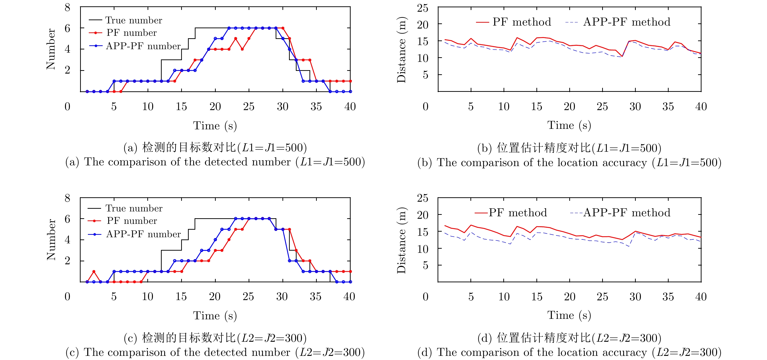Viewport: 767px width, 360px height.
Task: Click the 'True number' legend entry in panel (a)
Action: click(x=133, y=20)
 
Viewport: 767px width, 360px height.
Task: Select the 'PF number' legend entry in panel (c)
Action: click(x=131, y=221)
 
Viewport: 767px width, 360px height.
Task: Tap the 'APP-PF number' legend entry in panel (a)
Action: click(x=143, y=46)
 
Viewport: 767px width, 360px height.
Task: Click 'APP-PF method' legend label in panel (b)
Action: click(x=627, y=22)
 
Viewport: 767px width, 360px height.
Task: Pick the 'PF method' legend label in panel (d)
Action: click(x=518, y=213)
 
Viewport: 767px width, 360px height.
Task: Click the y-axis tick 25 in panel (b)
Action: click(x=422, y=8)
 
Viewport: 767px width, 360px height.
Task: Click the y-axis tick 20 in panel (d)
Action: click(x=422, y=215)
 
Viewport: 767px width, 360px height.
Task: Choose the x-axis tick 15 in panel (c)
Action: click(x=181, y=297)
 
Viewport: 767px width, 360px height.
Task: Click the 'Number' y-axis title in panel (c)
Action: click(x=51, y=240)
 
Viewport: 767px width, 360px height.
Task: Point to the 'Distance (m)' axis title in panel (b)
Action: click(x=401, y=49)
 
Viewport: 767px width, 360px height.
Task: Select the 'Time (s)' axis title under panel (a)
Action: click(x=215, y=125)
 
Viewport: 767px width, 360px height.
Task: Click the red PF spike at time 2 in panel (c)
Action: click(x=94, y=271)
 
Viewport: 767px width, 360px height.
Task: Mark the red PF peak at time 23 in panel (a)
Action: click(x=235, y=38)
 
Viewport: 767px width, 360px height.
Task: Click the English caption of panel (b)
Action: click(x=569, y=162)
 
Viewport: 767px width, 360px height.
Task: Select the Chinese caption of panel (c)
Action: click(x=215, y=338)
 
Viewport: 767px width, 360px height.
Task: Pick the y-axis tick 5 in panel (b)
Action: click(x=425, y=75)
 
